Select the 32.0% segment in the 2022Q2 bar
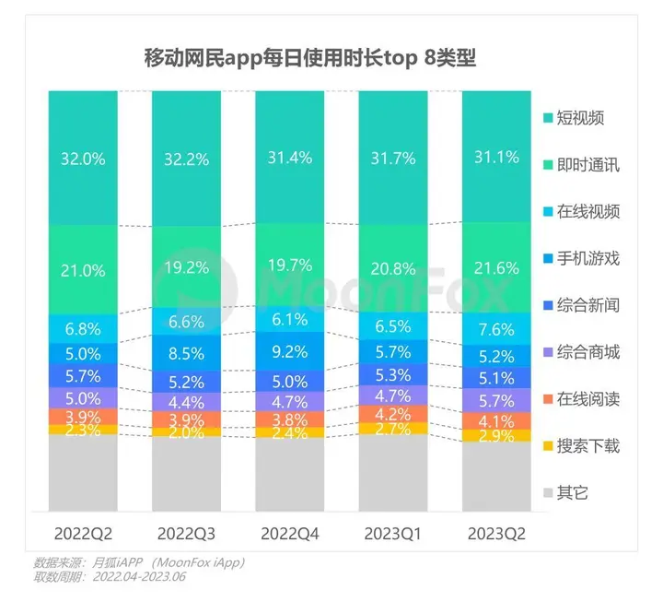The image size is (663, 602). coord(84,158)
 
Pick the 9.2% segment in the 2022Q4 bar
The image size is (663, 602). coord(289,350)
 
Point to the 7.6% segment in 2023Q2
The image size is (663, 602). coord(496,330)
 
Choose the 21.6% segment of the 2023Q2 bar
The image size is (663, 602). coord(496,271)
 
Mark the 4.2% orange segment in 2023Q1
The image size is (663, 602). coord(393,414)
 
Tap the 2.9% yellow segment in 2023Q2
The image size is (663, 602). coord(496,435)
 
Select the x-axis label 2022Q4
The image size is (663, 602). coord(289,533)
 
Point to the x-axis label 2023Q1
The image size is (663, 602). coord(393,533)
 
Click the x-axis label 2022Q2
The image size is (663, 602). coord(84,533)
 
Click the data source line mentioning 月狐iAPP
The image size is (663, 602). coord(139,562)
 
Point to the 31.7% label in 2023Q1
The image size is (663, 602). coord(393,158)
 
